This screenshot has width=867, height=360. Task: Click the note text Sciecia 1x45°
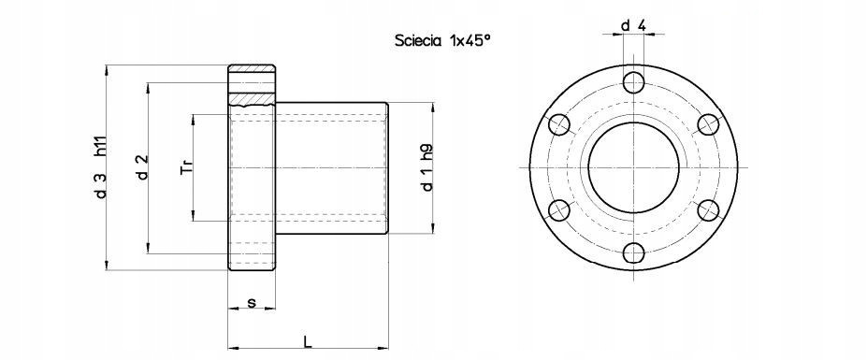[442, 40]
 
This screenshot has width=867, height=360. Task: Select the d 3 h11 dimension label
[100, 166]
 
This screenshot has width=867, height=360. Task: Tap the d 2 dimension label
[142, 167]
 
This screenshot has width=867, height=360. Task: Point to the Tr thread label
[186, 167]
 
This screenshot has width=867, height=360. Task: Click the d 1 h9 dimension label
[426, 167]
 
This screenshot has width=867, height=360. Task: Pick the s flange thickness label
[252, 302]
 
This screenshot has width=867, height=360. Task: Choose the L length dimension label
[308, 341]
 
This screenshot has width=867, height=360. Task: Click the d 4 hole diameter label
[634, 25]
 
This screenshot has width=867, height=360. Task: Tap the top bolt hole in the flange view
[634, 83]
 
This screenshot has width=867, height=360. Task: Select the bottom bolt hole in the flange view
[634, 252]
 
